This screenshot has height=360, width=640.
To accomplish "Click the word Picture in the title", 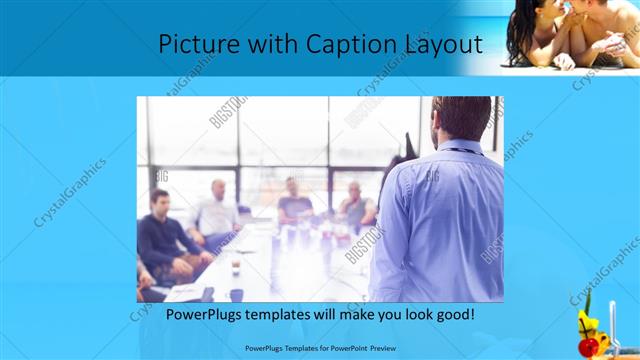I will [196, 44].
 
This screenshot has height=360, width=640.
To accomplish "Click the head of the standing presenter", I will [461, 118].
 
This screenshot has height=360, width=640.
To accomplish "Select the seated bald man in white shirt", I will [217, 212].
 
